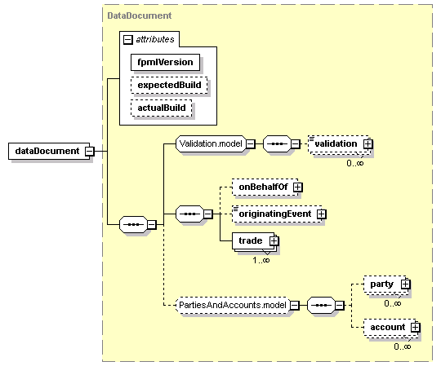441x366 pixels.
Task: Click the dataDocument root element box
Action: pyautogui.click(x=49, y=151)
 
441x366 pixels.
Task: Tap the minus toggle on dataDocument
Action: pyautogui.click(x=90, y=152)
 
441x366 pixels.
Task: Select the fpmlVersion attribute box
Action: pyautogui.click(x=165, y=62)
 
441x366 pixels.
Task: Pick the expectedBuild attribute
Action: pyautogui.click(x=169, y=85)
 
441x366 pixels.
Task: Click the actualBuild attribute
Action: pyautogui.click(x=161, y=108)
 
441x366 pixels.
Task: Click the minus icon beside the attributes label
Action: pyautogui.click(x=127, y=40)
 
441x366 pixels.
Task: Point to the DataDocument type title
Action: pyautogui.click(x=139, y=15)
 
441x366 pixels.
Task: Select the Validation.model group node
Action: pyautogui.click(x=211, y=144)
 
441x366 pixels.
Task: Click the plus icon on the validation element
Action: pyautogui.click(x=367, y=144)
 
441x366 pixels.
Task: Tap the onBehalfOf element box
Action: pyautogui.click(x=265, y=187)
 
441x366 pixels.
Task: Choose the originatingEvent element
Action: pyautogui.click(x=277, y=214)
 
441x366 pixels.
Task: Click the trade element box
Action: pyautogui.click(x=253, y=240)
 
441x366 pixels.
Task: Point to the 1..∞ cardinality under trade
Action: pyautogui.click(x=261, y=260)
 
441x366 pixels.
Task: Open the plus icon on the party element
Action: pyautogui.click(x=405, y=284)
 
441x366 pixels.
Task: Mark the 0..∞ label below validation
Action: pyautogui.click(x=355, y=163)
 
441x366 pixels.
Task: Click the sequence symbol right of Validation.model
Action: pyautogui.click(x=277, y=144)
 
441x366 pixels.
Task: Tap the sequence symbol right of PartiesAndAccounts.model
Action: pyautogui.click(x=321, y=305)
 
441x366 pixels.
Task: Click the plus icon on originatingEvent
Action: pyautogui.click(x=322, y=214)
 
